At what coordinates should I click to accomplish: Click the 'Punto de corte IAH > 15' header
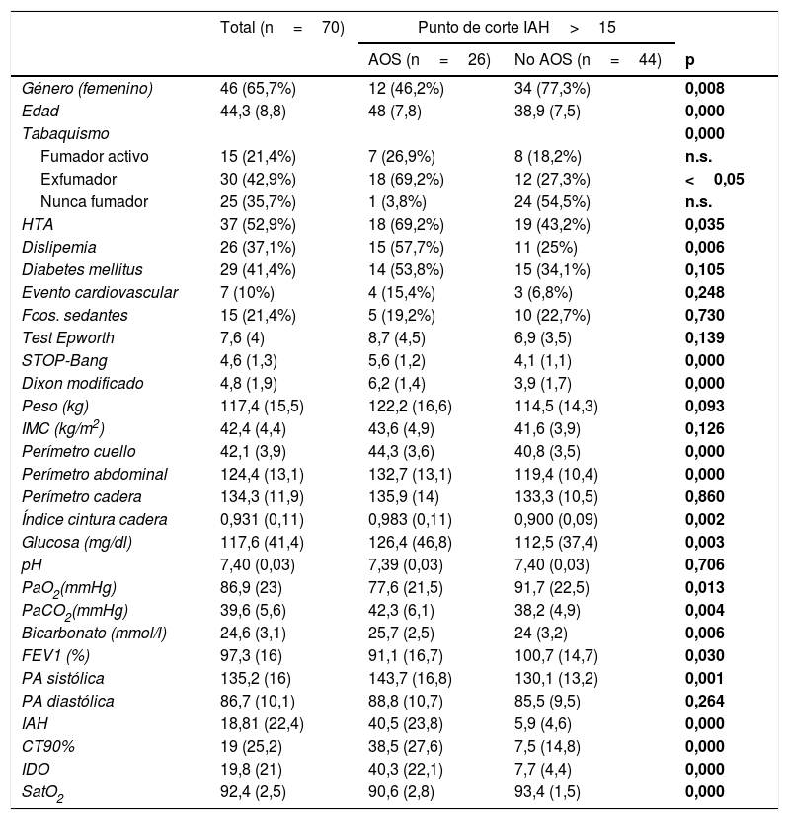click(x=516, y=27)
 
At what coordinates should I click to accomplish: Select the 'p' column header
click(x=689, y=60)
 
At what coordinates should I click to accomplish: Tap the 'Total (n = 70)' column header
click(x=281, y=27)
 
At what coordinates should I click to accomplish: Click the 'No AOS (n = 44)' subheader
click(x=588, y=60)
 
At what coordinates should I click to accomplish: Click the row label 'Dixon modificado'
click(x=82, y=383)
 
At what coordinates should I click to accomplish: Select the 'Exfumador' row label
click(x=78, y=179)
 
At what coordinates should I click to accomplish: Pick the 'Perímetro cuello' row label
click(x=80, y=451)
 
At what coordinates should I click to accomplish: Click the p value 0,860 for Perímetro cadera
click(x=705, y=496)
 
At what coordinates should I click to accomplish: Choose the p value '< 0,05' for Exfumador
click(x=714, y=179)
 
